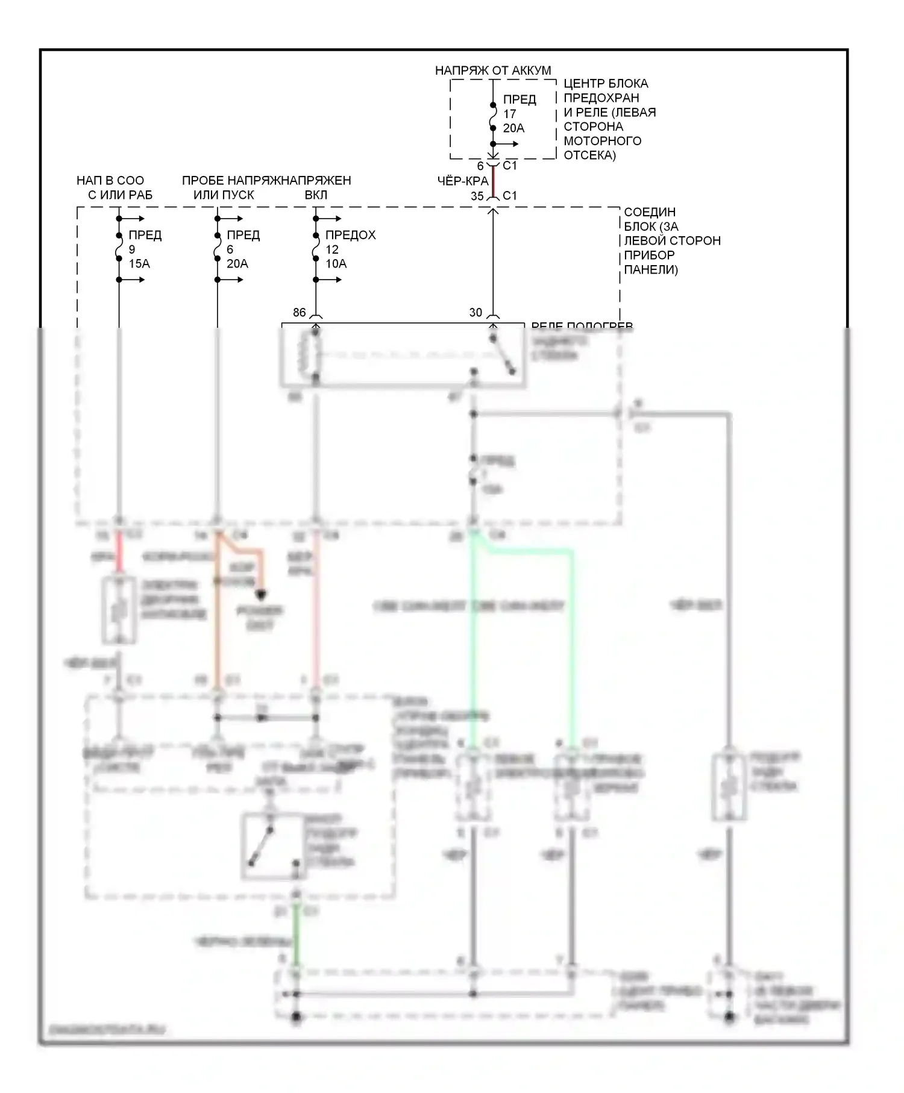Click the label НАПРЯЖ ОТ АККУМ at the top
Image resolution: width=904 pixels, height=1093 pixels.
point(492,70)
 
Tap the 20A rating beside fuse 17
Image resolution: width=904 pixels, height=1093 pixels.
point(513,128)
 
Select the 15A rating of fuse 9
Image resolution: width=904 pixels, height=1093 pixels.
point(139,264)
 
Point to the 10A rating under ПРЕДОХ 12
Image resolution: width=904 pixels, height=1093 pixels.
point(336,264)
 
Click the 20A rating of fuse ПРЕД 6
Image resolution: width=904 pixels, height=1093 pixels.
point(237,264)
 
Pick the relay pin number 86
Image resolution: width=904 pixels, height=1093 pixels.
point(300,312)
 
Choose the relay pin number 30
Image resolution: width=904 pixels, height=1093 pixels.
point(476,312)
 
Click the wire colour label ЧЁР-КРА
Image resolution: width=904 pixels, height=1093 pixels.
point(462,181)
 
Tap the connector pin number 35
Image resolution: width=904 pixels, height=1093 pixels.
point(477,196)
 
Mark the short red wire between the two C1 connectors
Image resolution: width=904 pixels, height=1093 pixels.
point(493,181)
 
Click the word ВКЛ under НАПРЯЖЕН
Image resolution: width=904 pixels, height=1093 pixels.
point(316,195)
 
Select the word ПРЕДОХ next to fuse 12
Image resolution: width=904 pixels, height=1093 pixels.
point(350,235)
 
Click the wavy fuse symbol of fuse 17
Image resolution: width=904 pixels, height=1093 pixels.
point(493,113)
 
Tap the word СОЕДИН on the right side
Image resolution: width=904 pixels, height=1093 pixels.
point(649,212)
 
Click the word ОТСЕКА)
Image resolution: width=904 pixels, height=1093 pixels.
point(589,155)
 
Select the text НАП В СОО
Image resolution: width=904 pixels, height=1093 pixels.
point(110,181)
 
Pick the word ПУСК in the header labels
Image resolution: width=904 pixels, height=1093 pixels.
point(239,195)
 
